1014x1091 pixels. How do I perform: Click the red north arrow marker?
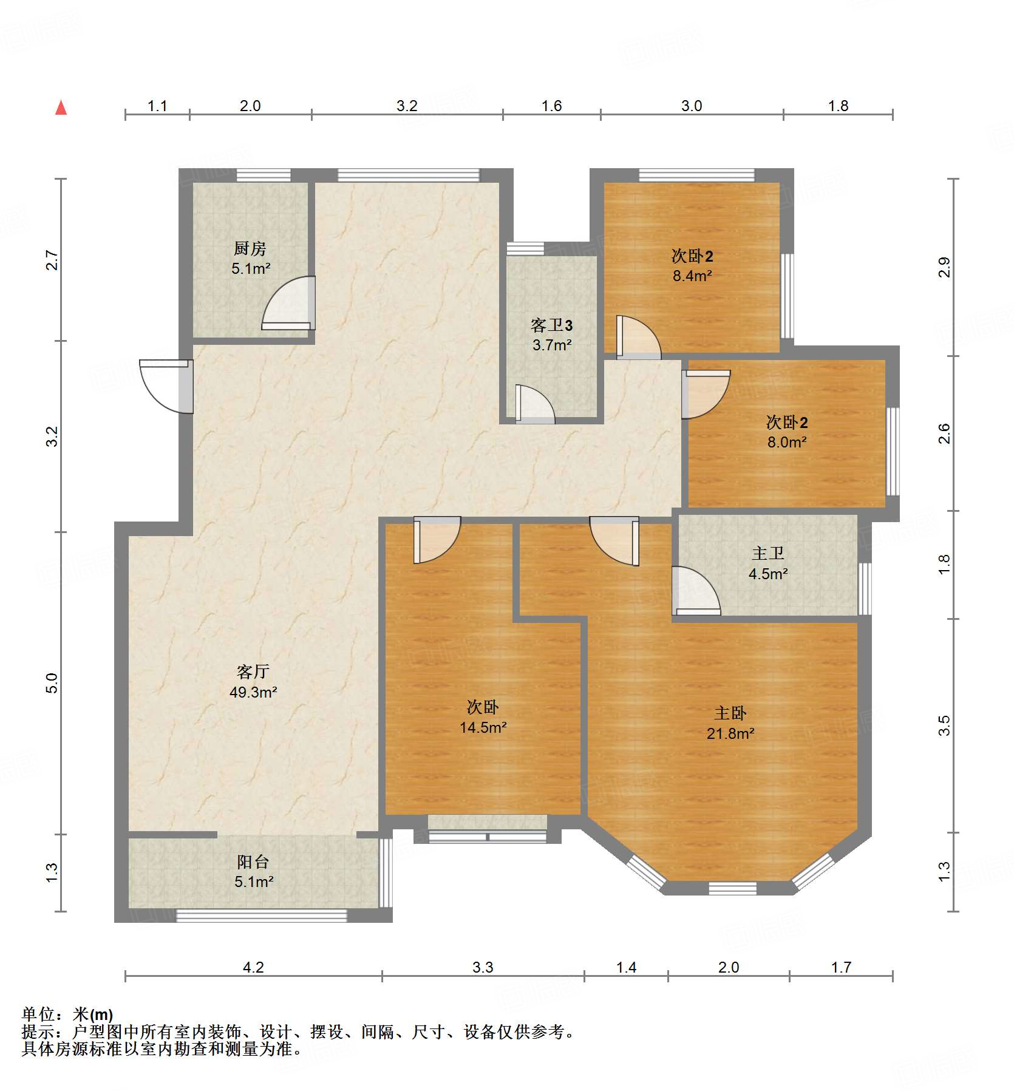61,107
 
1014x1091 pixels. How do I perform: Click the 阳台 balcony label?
253,862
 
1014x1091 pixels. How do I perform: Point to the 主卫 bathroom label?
768,553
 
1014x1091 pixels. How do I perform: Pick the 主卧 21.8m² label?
730,723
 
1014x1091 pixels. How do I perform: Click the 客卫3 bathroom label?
552,325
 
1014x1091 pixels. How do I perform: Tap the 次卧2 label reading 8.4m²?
692,265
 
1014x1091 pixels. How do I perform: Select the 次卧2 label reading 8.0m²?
787,432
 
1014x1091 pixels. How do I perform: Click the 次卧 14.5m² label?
483,717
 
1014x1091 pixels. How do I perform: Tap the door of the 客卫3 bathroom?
535,404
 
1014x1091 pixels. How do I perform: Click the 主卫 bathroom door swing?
696,590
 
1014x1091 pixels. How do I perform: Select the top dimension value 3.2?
407,106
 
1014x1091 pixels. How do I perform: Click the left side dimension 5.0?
52,683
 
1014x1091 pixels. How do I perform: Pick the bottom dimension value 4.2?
253,967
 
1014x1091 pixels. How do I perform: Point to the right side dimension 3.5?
944,726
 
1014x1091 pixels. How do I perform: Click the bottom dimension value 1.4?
626,967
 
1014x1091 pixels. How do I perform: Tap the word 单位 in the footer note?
38,1014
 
